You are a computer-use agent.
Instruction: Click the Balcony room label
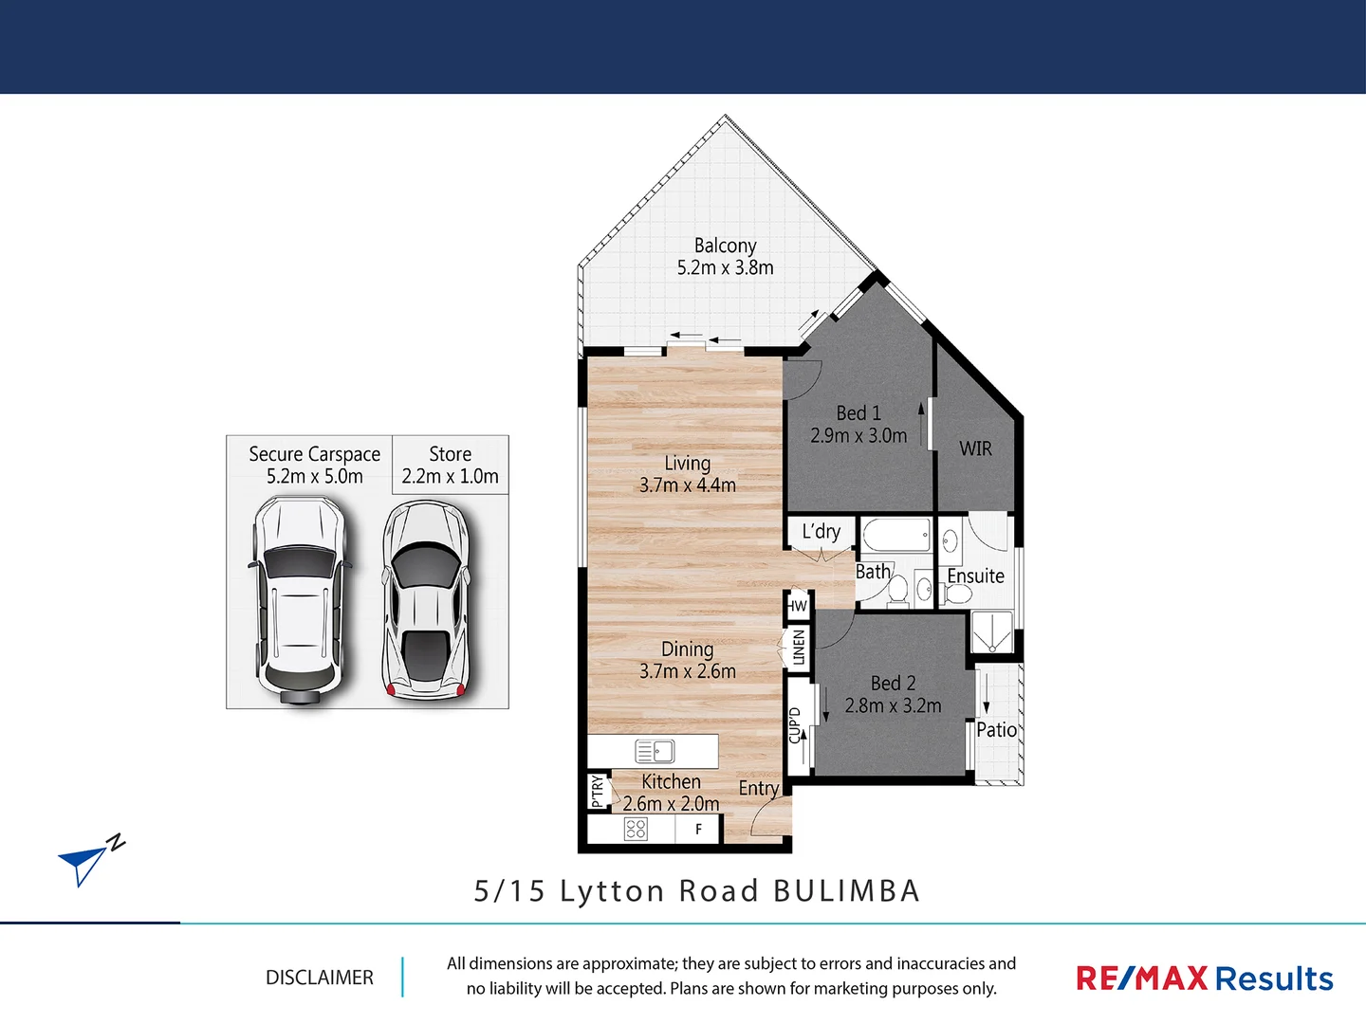click(x=725, y=246)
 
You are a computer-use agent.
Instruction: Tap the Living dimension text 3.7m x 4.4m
click(x=687, y=485)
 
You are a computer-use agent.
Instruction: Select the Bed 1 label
click(x=858, y=413)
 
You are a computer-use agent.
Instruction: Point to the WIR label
click(x=975, y=448)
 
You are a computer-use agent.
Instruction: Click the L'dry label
click(x=821, y=531)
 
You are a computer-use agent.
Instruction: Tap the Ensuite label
click(x=975, y=576)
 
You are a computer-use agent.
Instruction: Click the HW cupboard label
click(x=797, y=606)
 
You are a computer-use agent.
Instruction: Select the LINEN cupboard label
click(x=799, y=648)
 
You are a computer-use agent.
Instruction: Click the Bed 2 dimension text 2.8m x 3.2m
click(x=893, y=706)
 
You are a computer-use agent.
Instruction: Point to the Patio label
click(x=996, y=730)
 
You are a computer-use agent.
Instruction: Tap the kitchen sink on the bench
click(x=655, y=752)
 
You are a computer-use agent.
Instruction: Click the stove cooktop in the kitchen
click(x=636, y=830)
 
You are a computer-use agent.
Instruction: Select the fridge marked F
click(x=699, y=830)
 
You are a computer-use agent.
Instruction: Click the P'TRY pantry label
click(x=597, y=791)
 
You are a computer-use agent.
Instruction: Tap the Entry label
click(x=758, y=788)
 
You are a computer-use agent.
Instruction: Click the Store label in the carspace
click(x=450, y=454)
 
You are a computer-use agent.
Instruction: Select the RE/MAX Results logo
click(x=1204, y=978)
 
